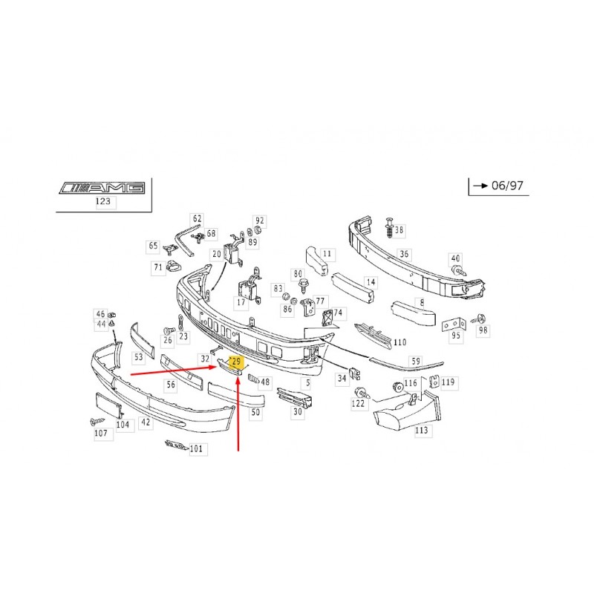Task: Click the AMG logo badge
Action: pyautogui.click(x=102, y=188)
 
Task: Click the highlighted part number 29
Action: pyautogui.click(x=236, y=362)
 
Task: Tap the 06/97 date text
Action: pyautogui.click(x=507, y=186)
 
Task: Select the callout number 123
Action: pyautogui.click(x=103, y=201)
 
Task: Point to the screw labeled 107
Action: pyautogui.click(x=97, y=421)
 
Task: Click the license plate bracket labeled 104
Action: pyautogui.click(x=108, y=405)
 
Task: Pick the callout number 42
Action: pyautogui.click(x=146, y=422)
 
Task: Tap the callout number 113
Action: pyautogui.click(x=421, y=430)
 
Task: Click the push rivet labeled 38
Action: pyautogui.click(x=389, y=227)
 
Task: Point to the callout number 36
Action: pyautogui.click(x=404, y=254)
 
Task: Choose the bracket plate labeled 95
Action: pyautogui.click(x=454, y=325)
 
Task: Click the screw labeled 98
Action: pyautogui.click(x=479, y=319)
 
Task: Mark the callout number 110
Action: pyautogui.click(x=399, y=342)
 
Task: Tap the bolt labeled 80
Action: pyautogui.click(x=304, y=286)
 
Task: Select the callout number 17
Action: pyautogui.click(x=241, y=302)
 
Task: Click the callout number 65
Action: pyautogui.click(x=153, y=246)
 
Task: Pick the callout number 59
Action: pyautogui.click(x=416, y=361)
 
